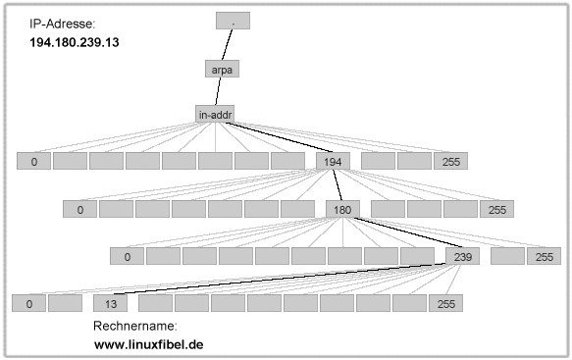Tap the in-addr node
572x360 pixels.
tap(216, 115)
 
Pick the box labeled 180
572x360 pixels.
tap(343, 209)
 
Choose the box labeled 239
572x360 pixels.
tap(462, 257)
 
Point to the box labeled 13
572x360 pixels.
tap(111, 303)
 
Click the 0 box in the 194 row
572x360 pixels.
tap(33, 161)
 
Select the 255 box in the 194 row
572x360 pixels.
tap(450, 161)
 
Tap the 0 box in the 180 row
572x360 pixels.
tap(79, 209)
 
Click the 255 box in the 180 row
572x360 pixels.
tap(497, 209)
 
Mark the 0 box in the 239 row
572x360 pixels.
tap(127, 257)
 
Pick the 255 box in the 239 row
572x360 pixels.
tap(544, 257)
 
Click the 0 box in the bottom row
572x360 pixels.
tap(28, 303)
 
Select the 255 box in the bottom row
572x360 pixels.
tap(446, 303)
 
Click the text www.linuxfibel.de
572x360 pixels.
tap(148, 344)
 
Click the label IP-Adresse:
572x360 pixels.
tap(65, 24)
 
